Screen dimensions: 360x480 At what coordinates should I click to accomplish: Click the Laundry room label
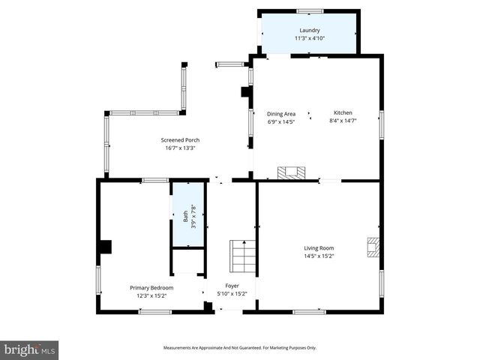pos(309,30)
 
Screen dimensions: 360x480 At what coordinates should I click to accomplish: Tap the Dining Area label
pos(281,113)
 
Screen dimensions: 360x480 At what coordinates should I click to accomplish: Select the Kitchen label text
pos(343,112)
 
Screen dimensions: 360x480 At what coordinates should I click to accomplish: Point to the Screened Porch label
pos(180,139)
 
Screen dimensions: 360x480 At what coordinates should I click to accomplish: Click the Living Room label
pos(319,247)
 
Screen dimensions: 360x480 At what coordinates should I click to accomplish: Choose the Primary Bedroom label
pos(151,287)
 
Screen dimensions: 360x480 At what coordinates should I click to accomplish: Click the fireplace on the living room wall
pos(373,247)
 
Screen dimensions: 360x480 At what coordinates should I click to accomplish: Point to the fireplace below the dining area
pos(292,173)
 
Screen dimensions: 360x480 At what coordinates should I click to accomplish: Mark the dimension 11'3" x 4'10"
pos(309,38)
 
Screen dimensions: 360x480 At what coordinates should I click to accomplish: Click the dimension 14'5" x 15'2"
pos(319,256)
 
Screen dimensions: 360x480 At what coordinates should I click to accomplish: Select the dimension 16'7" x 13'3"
pos(180,148)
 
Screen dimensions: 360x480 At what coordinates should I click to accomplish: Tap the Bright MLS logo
pos(29,349)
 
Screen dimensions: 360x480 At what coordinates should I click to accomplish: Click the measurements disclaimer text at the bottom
pos(240,347)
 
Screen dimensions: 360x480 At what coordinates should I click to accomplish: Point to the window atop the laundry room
pos(309,10)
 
